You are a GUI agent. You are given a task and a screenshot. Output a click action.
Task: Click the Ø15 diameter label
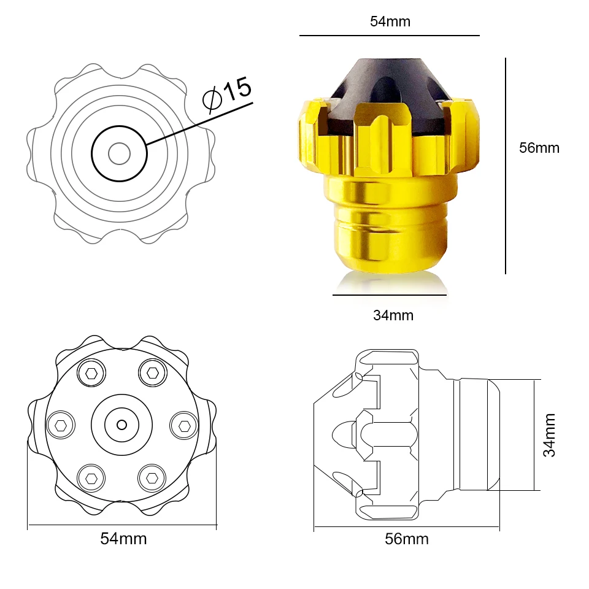227,94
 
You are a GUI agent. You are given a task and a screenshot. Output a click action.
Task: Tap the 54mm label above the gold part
390,21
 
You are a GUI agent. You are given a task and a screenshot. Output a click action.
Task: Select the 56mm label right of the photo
539,148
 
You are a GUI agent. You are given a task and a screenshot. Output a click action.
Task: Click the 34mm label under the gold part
393,315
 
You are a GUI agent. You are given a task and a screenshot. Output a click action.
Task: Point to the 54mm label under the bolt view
123,539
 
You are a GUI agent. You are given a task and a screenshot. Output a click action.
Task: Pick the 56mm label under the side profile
406,539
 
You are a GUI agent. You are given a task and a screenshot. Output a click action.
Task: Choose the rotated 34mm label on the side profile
549,435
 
